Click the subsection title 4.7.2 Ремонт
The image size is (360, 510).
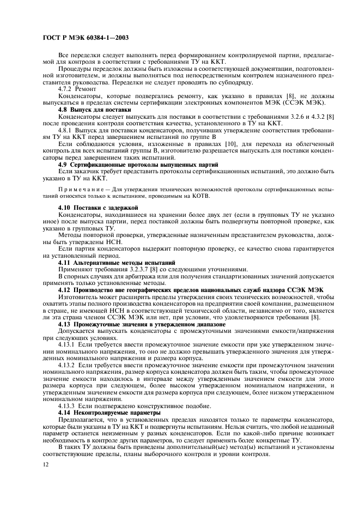click(77, 88)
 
